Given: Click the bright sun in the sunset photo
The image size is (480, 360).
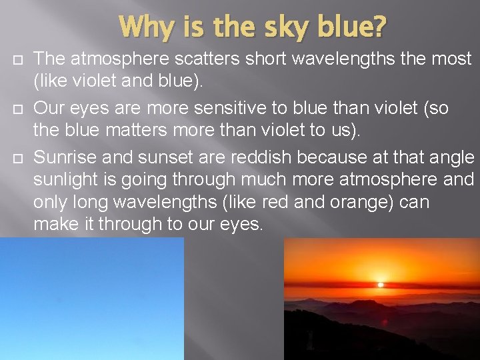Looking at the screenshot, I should click(x=381, y=284).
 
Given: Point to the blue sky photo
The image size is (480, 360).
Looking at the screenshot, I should click(x=91, y=299).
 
